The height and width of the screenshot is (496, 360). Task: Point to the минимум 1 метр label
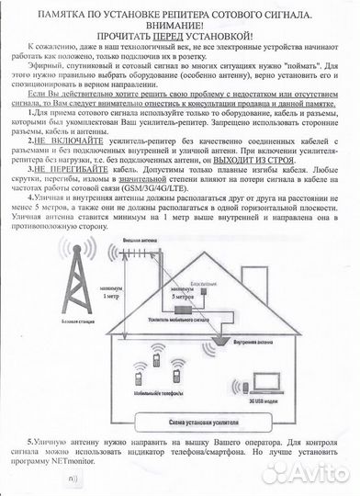pyautogui.click(x=111, y=294)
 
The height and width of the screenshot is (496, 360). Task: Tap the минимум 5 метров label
pyautogui.click(x=180, y=295)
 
